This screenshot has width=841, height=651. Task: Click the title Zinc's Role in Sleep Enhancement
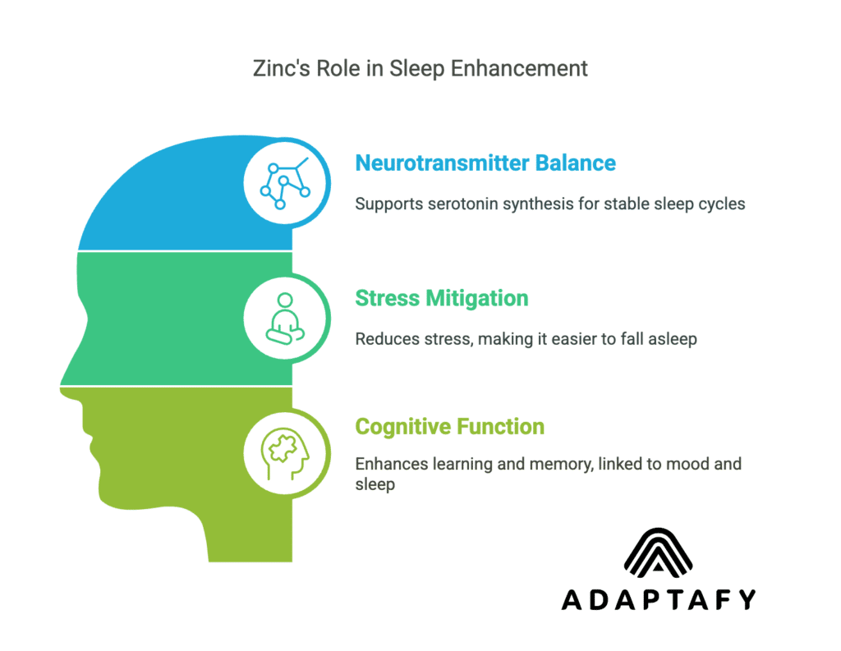point(420,68)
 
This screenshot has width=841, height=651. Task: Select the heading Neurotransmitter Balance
point(485,163)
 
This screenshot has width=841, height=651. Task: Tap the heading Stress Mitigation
point(441,297)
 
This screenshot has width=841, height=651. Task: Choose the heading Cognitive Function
point(449,427)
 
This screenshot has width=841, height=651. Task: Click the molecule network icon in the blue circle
point(284,182)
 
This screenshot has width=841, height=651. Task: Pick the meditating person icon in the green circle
point(284,318)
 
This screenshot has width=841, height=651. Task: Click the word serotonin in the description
point(453,204)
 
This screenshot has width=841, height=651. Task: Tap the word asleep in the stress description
point(672,338)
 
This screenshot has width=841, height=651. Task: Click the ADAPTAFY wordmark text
point(658,600)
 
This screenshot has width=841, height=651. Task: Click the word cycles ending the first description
point(722,204)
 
